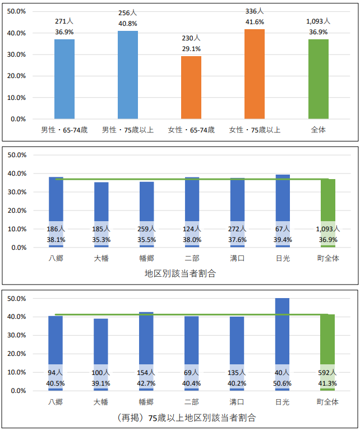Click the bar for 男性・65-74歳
64,79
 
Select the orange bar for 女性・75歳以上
255,74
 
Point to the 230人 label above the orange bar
191,38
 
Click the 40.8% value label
128,24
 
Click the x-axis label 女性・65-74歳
191,130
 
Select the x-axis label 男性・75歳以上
128,130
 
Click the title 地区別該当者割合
180,274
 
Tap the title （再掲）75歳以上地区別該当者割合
180,418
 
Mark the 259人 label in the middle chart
146,229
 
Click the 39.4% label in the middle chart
283,239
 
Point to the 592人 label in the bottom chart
328,373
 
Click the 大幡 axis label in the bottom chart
101,402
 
